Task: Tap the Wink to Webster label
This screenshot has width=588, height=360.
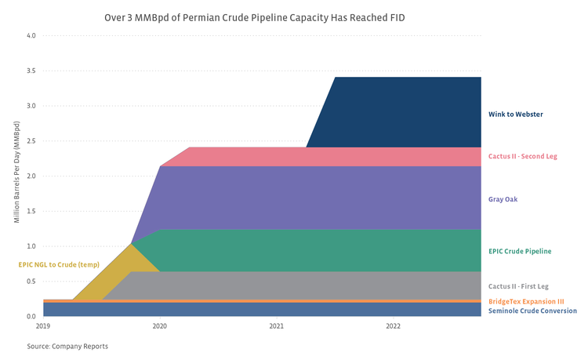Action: [515, 115]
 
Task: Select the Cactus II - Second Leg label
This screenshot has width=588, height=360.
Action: [522, 156]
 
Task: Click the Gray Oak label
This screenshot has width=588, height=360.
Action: [503, 199]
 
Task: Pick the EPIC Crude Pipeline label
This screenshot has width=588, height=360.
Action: [520, 251]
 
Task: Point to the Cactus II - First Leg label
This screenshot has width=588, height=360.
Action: [518, 286]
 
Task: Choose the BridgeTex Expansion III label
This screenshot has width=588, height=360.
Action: [526, 301]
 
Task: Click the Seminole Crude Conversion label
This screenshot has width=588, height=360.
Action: [532, 311]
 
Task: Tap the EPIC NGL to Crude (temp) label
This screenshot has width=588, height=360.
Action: [59, 264]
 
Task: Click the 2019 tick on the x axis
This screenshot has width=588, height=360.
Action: [43, 325]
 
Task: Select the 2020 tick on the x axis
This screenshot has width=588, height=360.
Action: [160, 325]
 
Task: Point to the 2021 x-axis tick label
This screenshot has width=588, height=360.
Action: [276, 325]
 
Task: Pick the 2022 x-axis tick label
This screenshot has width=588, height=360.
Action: [393, 325]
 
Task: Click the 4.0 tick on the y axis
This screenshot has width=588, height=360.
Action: [31, 36]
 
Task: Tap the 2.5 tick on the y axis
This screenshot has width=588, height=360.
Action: [31, 141]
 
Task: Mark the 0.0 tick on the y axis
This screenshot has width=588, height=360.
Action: [31, 316]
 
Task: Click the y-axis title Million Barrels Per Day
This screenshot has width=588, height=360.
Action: [16, 176]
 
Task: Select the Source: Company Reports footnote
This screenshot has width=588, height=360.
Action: [67, 346]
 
